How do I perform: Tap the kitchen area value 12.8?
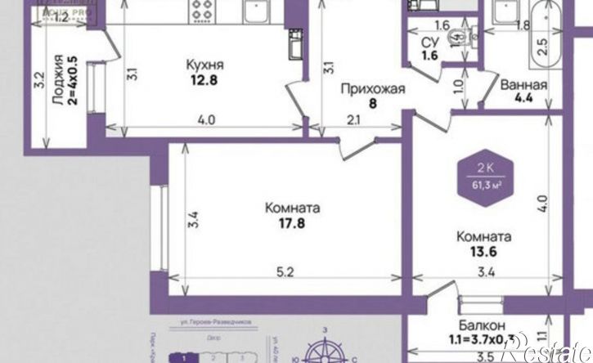[204, 80]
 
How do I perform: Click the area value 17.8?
[292, 223]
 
